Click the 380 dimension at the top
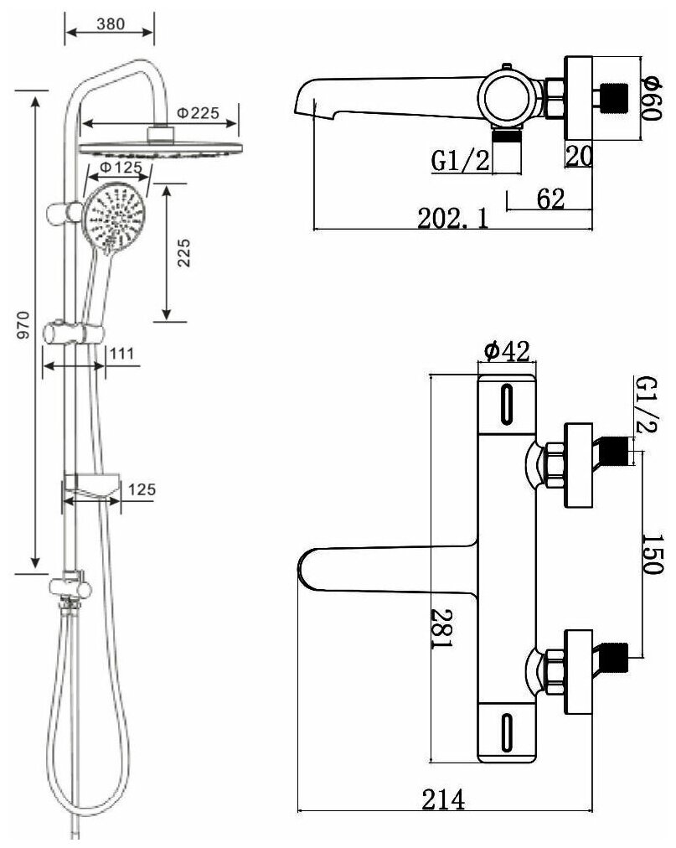(110, 24)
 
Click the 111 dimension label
(121, 353)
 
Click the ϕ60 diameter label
(653, 97)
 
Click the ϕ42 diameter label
(506, 353)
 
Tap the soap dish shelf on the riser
(93, 485)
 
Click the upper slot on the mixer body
(505, 406)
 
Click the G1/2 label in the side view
(461, 160)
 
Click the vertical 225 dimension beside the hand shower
(186, 252)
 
